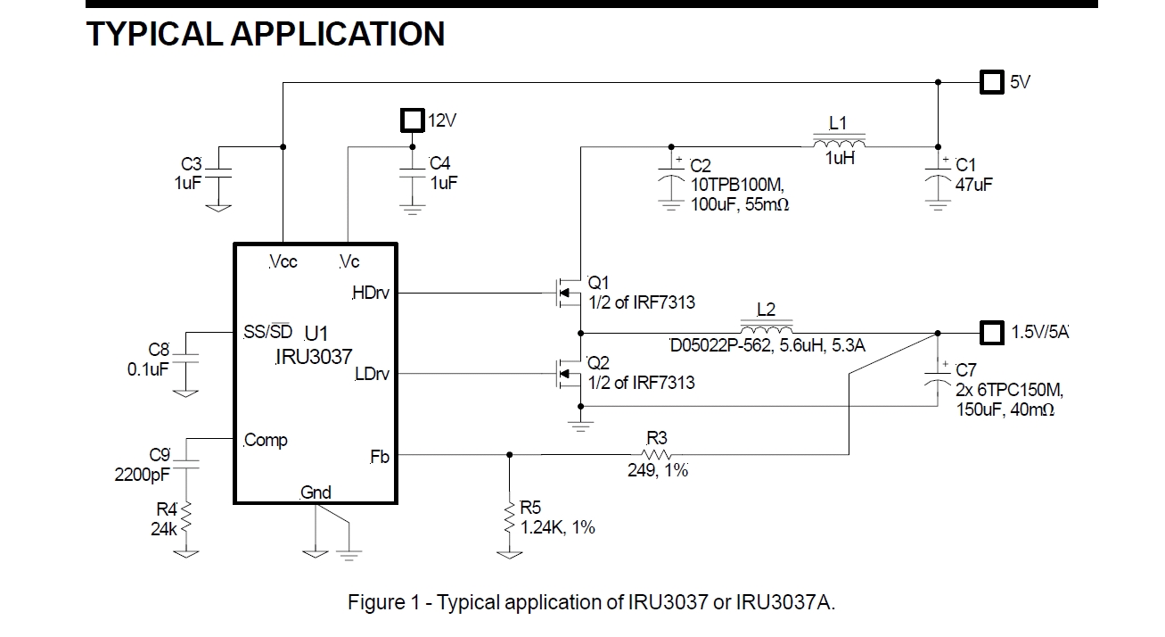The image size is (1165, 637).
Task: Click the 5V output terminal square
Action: point(990,83)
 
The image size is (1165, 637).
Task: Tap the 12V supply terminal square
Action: point(411,120)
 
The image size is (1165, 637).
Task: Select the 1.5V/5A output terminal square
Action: point(990,333)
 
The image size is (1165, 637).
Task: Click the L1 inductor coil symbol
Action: point(838,143)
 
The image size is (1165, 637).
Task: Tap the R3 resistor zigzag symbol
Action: point(656,454)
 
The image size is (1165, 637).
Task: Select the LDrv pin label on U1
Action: point(372,375)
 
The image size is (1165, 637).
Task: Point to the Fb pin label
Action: point(380,456)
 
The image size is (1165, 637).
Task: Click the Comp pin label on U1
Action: point(266,440)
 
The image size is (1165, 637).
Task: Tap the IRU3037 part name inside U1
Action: point(314,358)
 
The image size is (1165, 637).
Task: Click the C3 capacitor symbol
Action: point(219,173)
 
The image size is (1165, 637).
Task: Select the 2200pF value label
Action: point(142,475)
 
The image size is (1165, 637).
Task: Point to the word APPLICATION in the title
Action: point(337,34)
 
